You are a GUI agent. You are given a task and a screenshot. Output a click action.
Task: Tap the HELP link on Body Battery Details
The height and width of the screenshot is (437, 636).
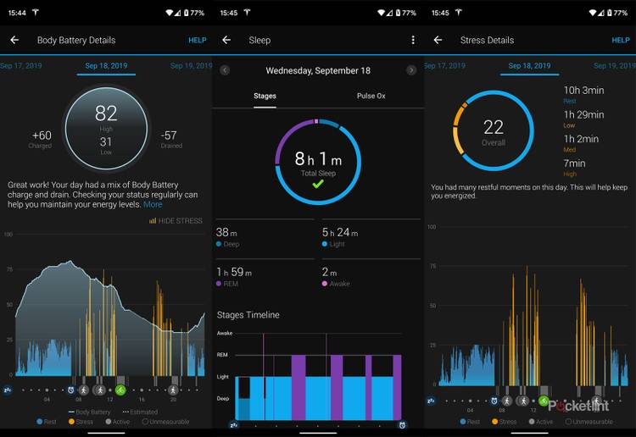(x=197, y=40)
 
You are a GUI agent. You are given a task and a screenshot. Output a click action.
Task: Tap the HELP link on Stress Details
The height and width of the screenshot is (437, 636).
(x=620, y=40)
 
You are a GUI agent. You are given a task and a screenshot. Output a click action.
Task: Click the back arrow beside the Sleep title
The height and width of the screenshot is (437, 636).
(x=226, y=40)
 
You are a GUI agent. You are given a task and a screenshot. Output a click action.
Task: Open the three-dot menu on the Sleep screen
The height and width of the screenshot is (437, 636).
(x=413, y=40)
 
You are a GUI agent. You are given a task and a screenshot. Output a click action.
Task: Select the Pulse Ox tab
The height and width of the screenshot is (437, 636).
(x=371, y=96)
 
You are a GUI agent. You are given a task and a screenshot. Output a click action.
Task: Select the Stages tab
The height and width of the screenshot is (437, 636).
(x=265, y=96)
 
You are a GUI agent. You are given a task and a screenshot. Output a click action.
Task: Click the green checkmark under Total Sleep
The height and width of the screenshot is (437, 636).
(x=317, y=184)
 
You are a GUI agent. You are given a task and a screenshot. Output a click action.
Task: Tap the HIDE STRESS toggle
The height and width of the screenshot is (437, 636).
(x=176, y=221)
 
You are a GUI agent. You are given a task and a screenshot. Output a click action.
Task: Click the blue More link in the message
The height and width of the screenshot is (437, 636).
(x=153, y=205)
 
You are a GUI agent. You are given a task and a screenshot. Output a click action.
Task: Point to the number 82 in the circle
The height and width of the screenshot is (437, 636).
(x=106, y=114)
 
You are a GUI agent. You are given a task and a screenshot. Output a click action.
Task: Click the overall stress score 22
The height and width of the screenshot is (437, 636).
(x=493, y=127)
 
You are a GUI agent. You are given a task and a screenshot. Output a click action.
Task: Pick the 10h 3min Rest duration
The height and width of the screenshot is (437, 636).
(x=583, y=91)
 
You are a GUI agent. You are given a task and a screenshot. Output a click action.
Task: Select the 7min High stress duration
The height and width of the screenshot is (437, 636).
(x=574, y=163)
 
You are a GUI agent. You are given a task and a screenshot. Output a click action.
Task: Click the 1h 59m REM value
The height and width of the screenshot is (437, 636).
(x=234, y=272)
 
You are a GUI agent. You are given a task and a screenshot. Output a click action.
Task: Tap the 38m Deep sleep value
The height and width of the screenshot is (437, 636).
(x=226, y=232)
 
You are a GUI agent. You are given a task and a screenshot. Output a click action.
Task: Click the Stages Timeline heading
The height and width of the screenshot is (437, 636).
(x=248, y=315)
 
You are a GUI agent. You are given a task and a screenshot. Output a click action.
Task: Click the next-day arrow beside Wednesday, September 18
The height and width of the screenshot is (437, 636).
(x=411, y=70)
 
